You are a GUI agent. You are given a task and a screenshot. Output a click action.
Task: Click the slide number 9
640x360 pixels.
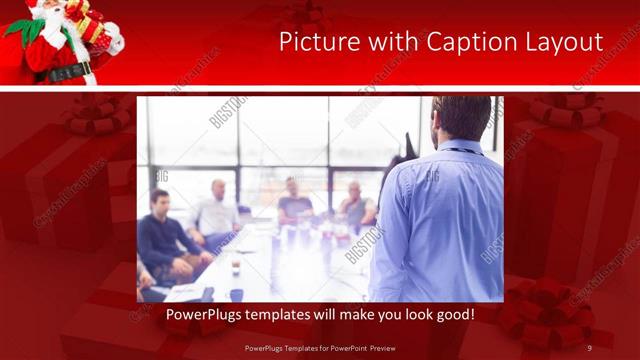click(590, 348)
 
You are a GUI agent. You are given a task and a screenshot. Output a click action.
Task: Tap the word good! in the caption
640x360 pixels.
click(452, 315)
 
